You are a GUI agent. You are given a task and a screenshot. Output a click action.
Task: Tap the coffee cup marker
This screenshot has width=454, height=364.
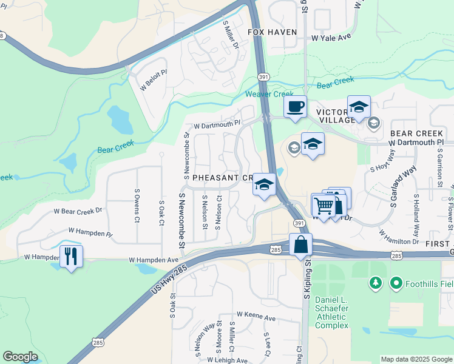(x=295, y=107)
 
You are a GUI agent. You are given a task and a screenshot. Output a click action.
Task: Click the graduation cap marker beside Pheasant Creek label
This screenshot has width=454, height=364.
(x=264, y=185)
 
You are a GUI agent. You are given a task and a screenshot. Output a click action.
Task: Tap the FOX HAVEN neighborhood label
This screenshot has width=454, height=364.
(x=273, y=32)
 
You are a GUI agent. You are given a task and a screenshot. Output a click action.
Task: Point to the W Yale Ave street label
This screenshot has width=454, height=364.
(x=331, y=37)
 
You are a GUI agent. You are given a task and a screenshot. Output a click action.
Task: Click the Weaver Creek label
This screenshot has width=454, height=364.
(x=269, y=94)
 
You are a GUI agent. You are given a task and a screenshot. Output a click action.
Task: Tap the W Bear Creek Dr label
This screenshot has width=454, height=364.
(x=79, y=211)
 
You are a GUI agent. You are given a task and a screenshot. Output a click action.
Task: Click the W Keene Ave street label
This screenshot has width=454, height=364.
(x=256, y=316)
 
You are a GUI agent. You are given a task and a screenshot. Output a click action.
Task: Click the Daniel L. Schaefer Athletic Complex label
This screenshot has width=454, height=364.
(x=332, y=312)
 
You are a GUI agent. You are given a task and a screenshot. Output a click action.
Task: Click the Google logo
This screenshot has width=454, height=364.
(x=20, y=357)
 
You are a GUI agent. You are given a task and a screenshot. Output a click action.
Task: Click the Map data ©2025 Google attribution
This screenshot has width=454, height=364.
(x=416, y=359)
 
